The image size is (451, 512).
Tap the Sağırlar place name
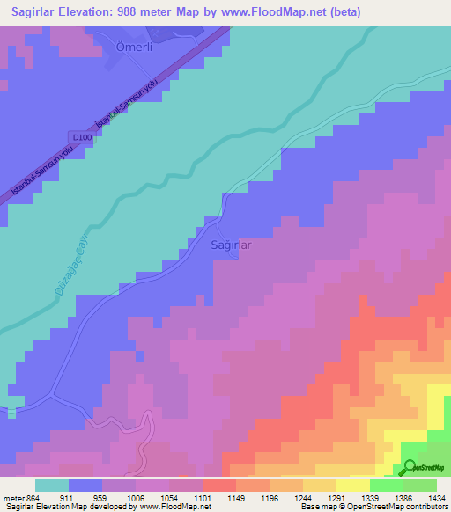coord(232,245)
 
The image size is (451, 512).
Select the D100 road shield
coord(80,136)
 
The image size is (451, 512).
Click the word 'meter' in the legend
coord(12,499)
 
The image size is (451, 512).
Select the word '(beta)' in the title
coord(341,11)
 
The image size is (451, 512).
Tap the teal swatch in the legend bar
coord(52,485)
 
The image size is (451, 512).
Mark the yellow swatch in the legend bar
coord(352,485)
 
